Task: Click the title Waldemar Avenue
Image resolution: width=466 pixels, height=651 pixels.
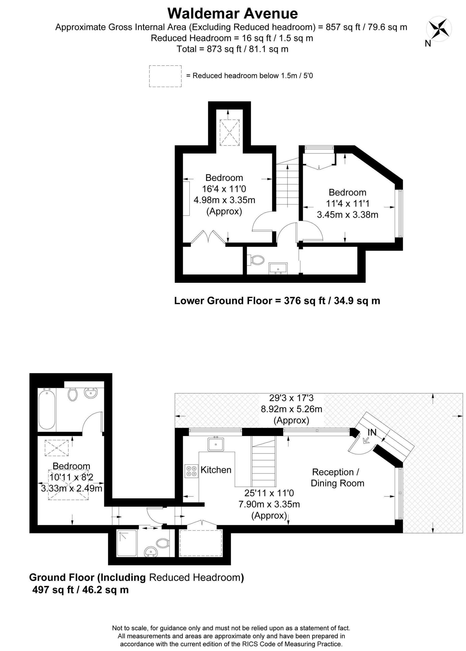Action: point(233,13)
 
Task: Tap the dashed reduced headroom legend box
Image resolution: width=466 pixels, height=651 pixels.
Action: point(165,76)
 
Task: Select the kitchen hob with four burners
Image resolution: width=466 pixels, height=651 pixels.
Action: point(191,471)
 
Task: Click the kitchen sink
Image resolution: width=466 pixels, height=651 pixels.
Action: point(216,444)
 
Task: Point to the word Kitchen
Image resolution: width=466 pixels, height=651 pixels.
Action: point(216,470)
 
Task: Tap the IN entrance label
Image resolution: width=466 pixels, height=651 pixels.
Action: point(372,432)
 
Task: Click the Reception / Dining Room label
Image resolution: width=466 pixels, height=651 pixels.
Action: point(337,477)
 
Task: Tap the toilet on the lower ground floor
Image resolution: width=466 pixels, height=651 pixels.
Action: point(257,260)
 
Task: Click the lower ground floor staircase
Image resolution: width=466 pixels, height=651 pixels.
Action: point(288,185)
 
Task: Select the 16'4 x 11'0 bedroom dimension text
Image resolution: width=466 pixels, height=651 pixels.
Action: point(224,189)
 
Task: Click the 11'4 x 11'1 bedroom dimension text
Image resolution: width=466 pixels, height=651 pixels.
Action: point(347,203)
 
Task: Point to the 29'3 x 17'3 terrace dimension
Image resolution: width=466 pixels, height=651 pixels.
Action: point(291,398)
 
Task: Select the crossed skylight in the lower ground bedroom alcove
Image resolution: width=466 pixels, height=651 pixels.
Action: point(229,133)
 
